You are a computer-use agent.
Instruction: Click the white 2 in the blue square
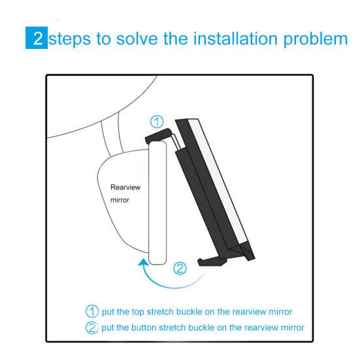coord(41,38)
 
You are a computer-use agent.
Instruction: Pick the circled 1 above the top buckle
coord(157,121)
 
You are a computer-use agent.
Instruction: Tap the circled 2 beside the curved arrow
coord(182,267)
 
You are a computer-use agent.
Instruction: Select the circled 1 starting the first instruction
coord(92,311)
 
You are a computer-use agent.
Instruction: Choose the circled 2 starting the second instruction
coord(92,327)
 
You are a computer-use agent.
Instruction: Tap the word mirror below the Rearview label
coord(120,201)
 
